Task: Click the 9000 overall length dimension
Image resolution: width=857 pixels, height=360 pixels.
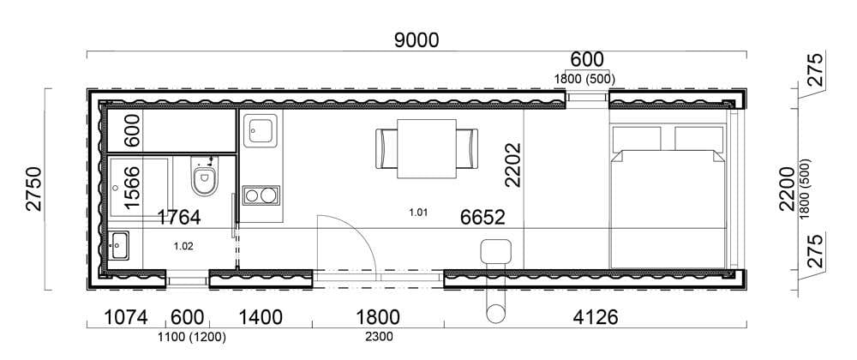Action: (x=417, y=40)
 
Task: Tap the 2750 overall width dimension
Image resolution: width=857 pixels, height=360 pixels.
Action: (x=34, y=189)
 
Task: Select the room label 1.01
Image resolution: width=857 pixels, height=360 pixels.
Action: (x=417, y=213)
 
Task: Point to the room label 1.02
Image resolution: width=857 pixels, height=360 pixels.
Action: (x=183, y=246)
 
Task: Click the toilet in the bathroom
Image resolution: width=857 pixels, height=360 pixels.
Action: (x=205, y=176)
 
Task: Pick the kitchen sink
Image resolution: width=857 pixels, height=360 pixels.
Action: (x=261, y=130)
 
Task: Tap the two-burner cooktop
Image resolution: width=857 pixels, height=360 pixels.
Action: (x=261, y=195)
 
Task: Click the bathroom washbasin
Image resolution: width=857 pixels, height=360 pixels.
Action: (x=118, y=246)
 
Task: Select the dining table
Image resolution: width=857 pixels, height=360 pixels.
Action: (x=426, y=148)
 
